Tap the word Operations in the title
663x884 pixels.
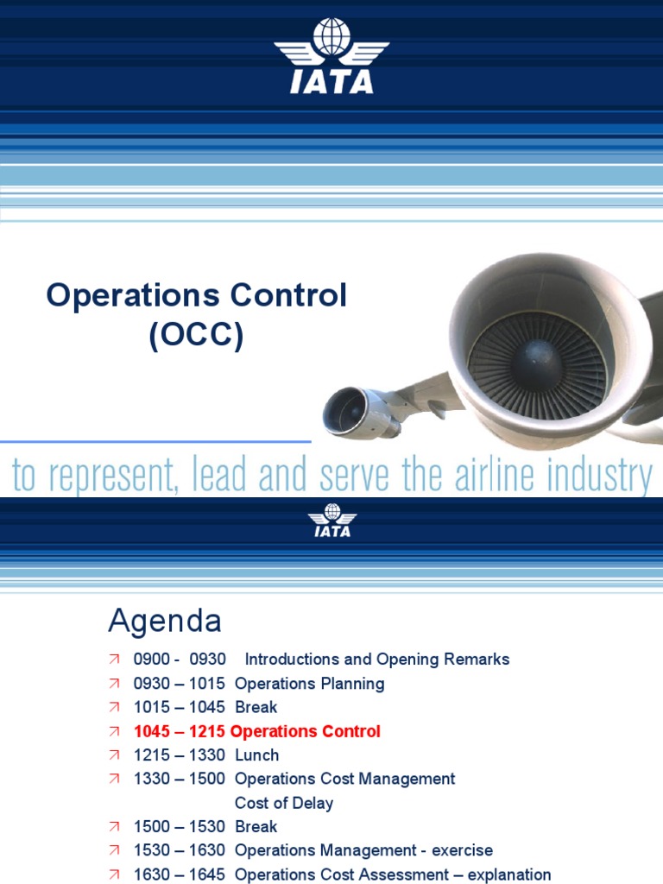(x=121, y=296)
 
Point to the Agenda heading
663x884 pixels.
(x=164, y=621)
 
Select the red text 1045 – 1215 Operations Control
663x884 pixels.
(x=257, y=731)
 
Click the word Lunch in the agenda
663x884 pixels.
(x=257, y=755)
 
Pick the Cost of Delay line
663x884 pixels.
(x=284, y=803)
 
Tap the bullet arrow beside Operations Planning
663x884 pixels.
(x=115, y=684)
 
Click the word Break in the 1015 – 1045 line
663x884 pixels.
(x=256, y=707)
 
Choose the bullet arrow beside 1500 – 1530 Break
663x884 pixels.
(x=115, y=827)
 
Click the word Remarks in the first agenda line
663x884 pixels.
(x=477, y=660)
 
